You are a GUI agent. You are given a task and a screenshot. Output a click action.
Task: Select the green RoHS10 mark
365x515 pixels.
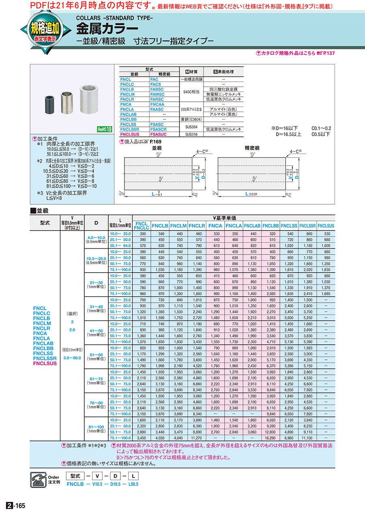click(103, 129)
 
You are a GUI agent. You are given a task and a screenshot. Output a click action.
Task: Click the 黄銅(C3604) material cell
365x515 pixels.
click(191, 120)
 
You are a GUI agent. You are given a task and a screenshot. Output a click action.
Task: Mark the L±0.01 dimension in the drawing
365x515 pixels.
click(251, 194)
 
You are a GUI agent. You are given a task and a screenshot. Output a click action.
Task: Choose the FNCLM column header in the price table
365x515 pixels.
click(178, 226)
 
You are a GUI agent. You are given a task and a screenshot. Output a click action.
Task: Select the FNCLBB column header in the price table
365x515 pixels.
click(271, 226)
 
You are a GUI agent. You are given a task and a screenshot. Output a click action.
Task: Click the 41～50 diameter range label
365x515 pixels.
click(96, 330)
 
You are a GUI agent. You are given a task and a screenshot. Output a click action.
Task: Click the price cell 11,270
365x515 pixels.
click(197, 438)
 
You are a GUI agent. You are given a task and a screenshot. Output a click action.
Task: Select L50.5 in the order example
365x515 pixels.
click(133, 484)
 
